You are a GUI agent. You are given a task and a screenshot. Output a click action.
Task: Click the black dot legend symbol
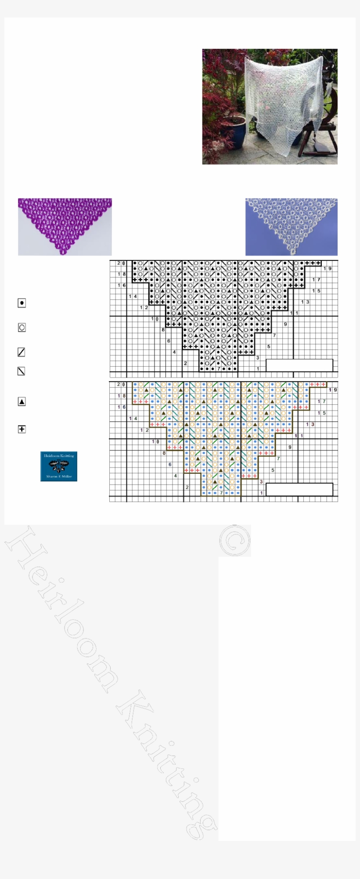[22, 303]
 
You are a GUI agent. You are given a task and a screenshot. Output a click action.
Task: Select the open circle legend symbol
[22, 328]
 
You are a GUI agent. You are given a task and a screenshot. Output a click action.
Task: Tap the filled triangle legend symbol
[22, 401]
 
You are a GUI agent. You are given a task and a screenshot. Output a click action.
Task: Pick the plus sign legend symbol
[22, 429]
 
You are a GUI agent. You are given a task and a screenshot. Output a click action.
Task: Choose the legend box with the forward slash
[21, 352]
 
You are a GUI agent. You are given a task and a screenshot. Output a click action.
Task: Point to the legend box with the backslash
[21, 371]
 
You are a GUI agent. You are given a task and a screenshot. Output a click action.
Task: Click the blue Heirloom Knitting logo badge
[59, 466]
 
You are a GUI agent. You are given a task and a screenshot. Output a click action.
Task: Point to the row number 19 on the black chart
[328, 269]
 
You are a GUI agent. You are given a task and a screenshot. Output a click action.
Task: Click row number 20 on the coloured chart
[121, 385]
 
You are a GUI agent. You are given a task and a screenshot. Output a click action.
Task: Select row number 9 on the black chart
[285, 324]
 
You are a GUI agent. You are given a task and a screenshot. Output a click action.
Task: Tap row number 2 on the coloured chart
[187, 487]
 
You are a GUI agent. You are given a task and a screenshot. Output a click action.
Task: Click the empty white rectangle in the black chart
[299, 365]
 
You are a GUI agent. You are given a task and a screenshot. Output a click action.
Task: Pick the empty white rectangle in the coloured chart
[299, 490]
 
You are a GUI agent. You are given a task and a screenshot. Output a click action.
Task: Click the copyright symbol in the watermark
[234, 540]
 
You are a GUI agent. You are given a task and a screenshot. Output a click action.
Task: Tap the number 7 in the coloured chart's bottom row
[221, 493]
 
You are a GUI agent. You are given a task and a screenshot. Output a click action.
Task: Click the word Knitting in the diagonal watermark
[167, 764]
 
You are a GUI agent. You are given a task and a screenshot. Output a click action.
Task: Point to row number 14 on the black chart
[133, 297]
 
